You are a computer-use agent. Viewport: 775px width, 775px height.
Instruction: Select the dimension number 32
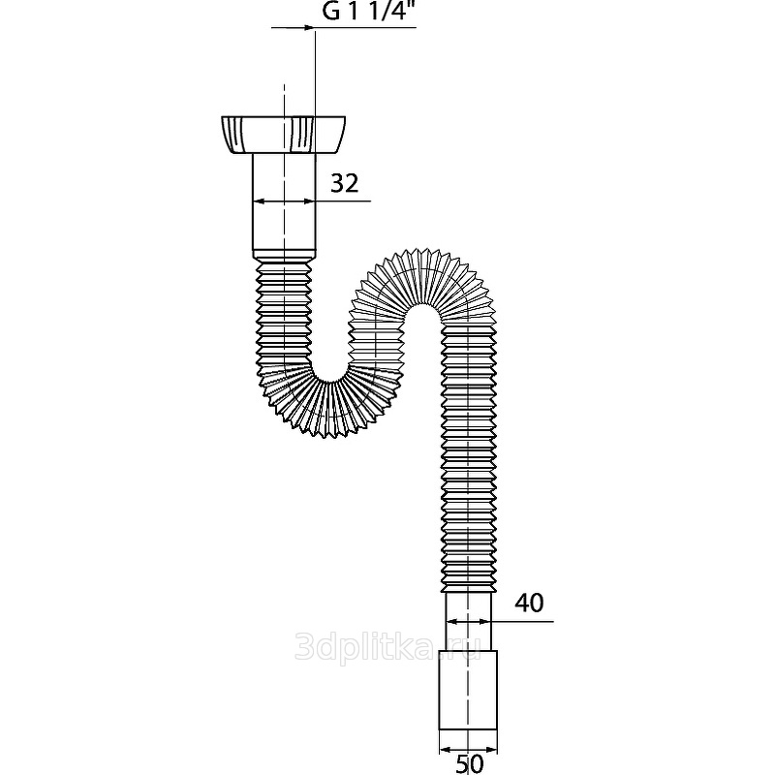(x=344, y=183)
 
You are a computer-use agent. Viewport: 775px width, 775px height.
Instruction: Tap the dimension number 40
(x=529, y=603)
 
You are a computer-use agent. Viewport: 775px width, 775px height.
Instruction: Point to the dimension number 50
(x=469, y=764)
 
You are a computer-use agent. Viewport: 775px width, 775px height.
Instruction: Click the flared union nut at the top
(x=283, y=135)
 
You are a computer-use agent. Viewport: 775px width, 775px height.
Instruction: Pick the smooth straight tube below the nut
(x=284, y=201)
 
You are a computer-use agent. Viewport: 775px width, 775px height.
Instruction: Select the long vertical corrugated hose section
(x=469, y=459)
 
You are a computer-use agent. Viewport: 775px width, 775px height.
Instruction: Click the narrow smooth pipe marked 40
(x=469, y=621)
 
